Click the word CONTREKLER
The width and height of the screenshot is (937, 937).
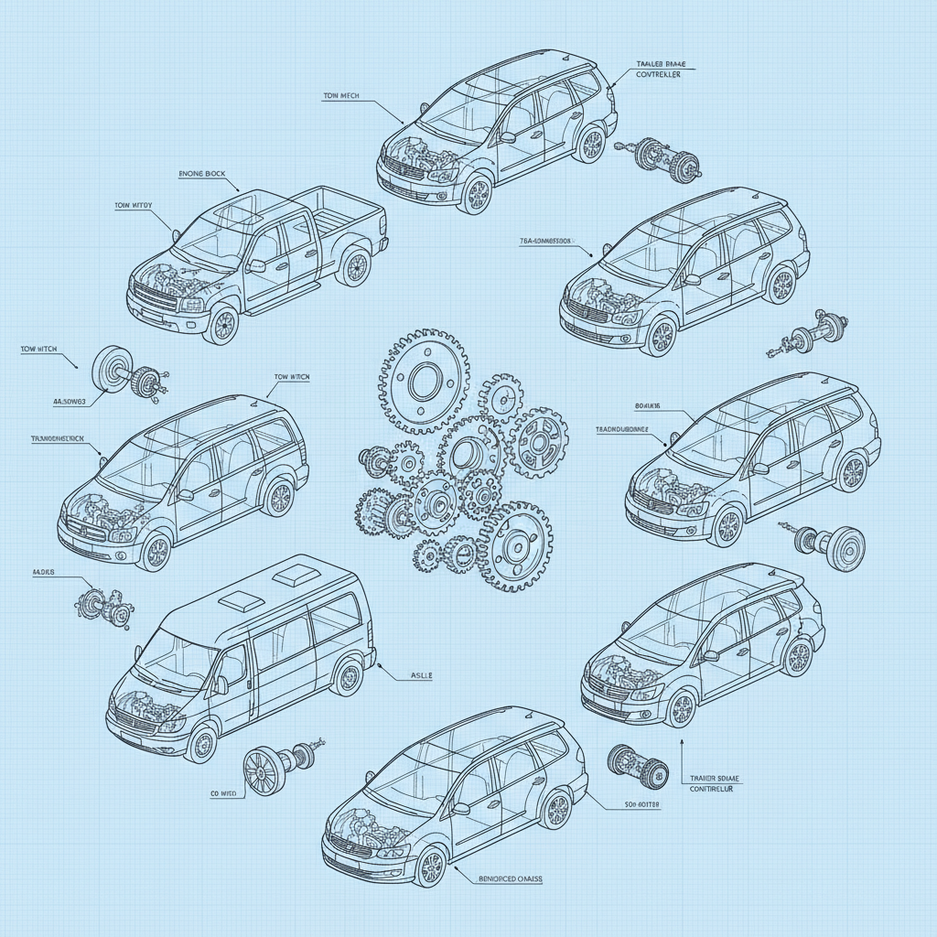coord(658,76)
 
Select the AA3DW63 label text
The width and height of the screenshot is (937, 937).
coord(69,401)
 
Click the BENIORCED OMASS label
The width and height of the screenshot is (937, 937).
coord(511,878)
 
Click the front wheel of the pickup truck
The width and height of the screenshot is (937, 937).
coord(221,325)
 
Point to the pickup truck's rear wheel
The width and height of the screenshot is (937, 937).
coord(353,267)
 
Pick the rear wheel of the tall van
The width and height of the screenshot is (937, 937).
coord(348,676)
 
